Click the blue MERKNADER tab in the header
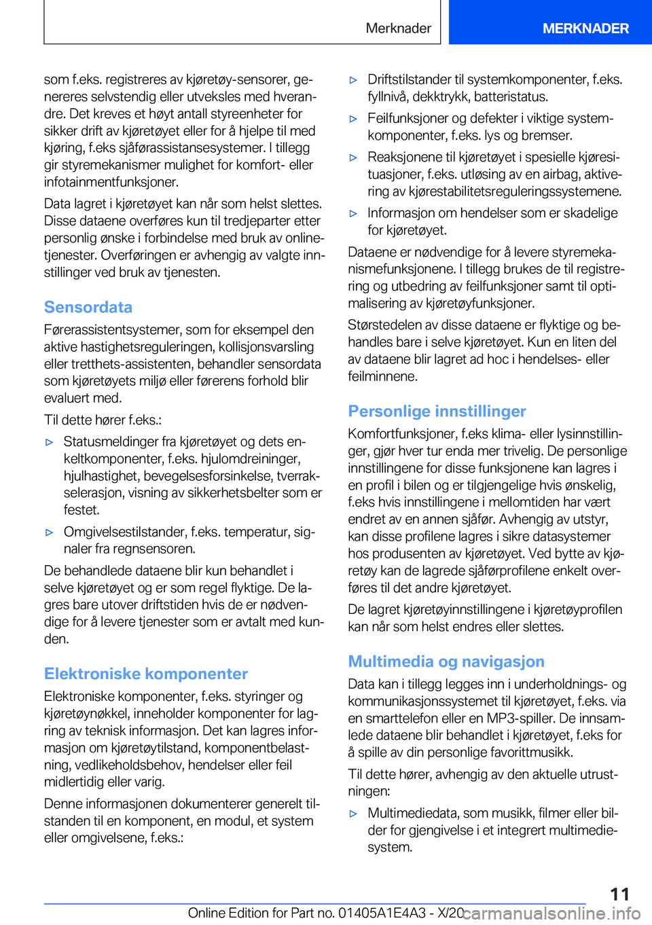[x=585, y=29]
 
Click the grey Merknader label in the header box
[x=398, y=29]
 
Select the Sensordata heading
[x=88, y=307]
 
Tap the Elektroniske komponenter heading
[x=146, y=674]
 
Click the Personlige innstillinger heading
[x=437, y=411]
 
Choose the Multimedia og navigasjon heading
[x=446, y=661]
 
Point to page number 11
[x=619, y=894]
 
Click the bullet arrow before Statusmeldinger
[x=49, y=442]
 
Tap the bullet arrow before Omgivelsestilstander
[x=49, y=532]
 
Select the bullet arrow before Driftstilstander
[x=353, y=80]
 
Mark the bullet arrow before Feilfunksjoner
[x=353, y=119]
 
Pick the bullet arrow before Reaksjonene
[x=353, y=158]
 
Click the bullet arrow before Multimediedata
[x=353, y=814]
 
